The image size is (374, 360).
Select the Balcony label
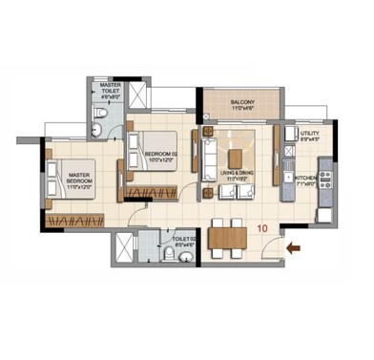[240, 103]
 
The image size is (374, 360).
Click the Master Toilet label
[112, 92]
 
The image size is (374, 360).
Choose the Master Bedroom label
[78, 179]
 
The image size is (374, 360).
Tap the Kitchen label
[306, 180]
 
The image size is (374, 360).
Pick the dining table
[227, 236]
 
